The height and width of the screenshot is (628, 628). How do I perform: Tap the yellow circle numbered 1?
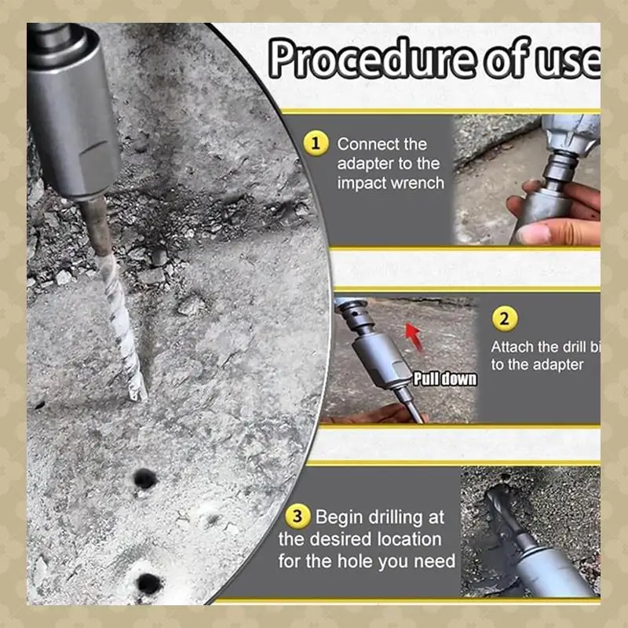pyautogui.click(x=316, y=144)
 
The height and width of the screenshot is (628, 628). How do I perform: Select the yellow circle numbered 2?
pyautogui.click(x=505, y=319)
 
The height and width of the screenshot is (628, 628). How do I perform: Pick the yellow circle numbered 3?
pyautogui.click(x=298, y=517)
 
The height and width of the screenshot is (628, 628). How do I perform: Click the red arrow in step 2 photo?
pyautogui.click(x=414, y=338)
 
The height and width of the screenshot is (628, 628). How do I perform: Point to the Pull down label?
pyautogui.click(x=445, y=379)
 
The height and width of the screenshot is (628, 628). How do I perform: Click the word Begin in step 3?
pyautogui.click(x=339, y=517)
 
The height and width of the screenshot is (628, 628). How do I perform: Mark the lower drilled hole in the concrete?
pyautogui.click(x=149, y=583)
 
